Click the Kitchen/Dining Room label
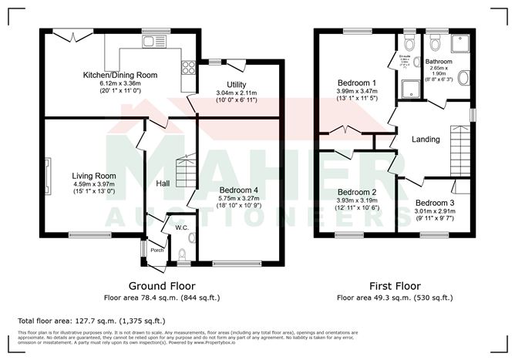click(x=119, y=75)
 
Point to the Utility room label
click(x=236, y=84)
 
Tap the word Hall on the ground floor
click(x=163, y=183)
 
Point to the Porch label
click(x=157, y=250)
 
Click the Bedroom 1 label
click(x=357, y=82)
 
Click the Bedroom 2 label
click(x=357, y=192)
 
